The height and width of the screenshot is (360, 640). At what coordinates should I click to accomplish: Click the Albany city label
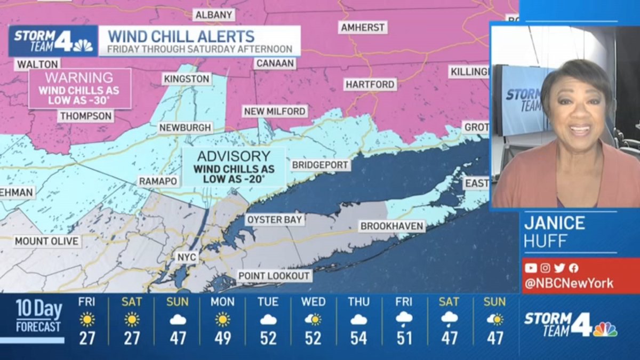click(214, 15)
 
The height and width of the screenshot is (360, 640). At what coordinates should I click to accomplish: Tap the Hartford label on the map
click(370, 84)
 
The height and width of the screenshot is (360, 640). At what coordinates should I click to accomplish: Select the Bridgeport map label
click(321, 165)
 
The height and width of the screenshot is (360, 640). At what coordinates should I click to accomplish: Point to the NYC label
click(187, 258)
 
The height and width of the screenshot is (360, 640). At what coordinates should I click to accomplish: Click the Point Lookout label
click(274, 276)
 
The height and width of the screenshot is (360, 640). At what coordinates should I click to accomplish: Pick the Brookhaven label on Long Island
click(392, 226)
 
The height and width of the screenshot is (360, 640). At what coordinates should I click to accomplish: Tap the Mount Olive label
click(47, 241)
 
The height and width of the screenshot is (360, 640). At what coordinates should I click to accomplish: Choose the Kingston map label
click(187, 79)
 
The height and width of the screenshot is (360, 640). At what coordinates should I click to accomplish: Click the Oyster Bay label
click(274, 219)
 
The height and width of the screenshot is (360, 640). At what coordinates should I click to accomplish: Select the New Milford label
click(275, 111)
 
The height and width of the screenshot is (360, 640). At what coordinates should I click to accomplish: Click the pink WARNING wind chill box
click(79, 89)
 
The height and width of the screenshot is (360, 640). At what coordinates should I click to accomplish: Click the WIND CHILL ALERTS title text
click(181, 36)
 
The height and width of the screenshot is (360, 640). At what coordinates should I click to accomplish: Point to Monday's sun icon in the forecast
click(222, 319)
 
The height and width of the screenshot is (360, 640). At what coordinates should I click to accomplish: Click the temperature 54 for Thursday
click(358, 338)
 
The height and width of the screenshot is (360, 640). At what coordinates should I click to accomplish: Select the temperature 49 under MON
click(222, 338)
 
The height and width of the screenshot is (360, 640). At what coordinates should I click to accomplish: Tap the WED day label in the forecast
click(313, 302)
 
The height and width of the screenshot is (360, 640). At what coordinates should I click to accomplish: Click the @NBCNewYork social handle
click(569, 283)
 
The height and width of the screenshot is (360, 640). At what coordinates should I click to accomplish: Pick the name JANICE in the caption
click(554, 222)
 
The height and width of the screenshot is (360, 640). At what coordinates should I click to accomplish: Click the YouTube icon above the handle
click(531, 268)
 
